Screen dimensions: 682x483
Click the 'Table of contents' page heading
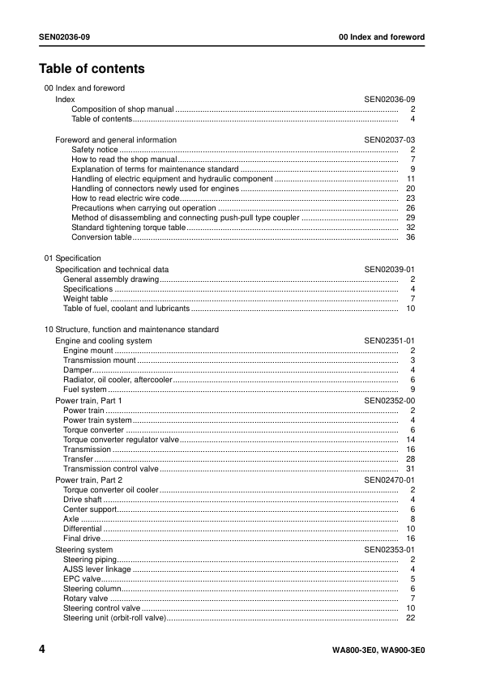point(92,69)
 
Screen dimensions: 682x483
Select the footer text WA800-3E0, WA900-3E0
point(378,651)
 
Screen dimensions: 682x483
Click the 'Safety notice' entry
point(94,150)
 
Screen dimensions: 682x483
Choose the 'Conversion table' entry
point(101,237)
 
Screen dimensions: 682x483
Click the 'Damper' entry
point(77,370)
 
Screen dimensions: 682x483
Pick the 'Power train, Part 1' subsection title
point(88,401)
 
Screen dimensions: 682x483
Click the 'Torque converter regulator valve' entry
point(121,440)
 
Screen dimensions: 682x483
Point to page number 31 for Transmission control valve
point(410,469)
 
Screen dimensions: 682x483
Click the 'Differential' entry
point(82,529)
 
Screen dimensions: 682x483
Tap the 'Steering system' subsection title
point(83,550)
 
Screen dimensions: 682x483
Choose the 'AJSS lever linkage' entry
point(96,569)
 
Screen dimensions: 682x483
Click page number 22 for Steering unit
point(410,618)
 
